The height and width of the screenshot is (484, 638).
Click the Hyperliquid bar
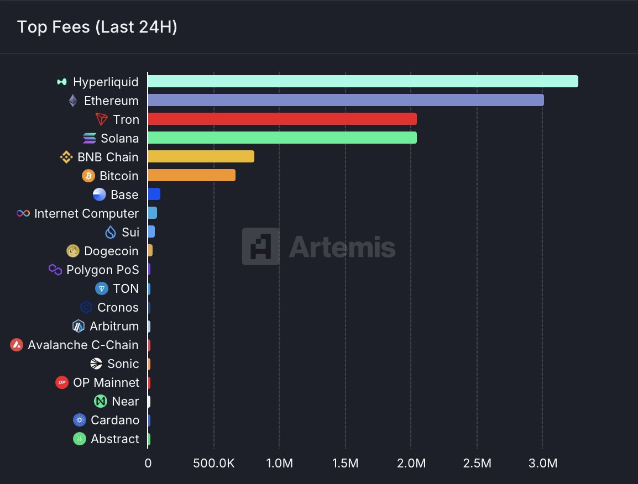363,81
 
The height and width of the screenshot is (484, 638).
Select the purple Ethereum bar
346,100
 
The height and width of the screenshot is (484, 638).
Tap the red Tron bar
282,119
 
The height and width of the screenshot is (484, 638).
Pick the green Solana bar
282,138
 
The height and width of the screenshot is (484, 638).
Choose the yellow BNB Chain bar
201,156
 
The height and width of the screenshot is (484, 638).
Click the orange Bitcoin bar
191,175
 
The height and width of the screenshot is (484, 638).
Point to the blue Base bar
154,194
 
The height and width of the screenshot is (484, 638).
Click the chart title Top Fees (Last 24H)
97,27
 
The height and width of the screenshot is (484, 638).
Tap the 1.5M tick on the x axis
345,464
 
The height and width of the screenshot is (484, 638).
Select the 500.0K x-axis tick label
213,464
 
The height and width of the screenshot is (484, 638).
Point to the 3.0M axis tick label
542,464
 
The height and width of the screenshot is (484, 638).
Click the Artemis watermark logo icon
260,246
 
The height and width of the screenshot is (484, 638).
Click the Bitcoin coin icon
88,176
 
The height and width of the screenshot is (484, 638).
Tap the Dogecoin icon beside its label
73,251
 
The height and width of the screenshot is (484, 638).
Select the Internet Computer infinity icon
23,213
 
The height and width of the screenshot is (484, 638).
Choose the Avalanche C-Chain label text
83,345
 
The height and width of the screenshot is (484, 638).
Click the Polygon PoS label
102,270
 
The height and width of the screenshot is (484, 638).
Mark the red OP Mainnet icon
62,382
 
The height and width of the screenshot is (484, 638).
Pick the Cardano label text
115,420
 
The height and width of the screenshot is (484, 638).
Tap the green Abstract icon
80,439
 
